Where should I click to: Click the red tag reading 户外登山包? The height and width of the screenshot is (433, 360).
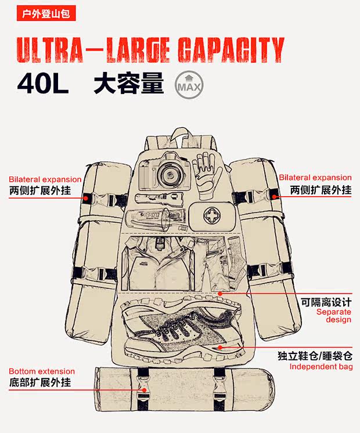tap(46, 13)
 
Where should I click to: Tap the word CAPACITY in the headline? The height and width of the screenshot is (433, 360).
tap(231, 50)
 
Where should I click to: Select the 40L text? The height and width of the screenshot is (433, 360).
tap(43, 84)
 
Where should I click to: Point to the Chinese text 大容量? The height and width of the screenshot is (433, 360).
tap(128, 84)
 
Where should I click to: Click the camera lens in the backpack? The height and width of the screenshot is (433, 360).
tap(171, 172)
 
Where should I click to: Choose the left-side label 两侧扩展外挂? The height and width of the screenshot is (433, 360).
tap(40, 190)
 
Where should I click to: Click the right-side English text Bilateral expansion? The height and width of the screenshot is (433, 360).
tap(315, 178)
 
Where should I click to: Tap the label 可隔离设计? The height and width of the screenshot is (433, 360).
tap(326, 302)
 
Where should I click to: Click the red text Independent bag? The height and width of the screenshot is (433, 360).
tap(321, 367)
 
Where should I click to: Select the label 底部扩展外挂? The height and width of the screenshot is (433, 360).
tap(40, 383)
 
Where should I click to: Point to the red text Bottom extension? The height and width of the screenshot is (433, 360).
tap(42, 371)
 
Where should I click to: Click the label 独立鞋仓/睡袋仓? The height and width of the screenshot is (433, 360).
tap(319, 356)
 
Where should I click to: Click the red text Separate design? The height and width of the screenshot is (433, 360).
tap(334, 316)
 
